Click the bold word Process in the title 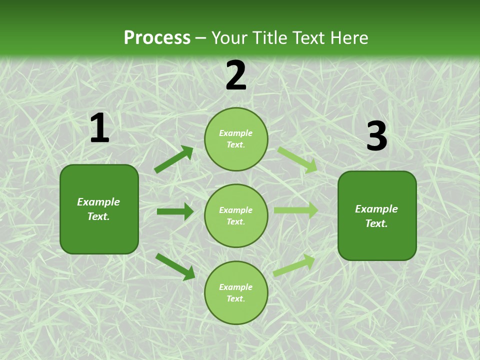[x=157, y=37]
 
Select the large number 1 [x=99, y=128]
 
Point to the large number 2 [x=236, y=76]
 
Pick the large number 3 [x=376, y=136]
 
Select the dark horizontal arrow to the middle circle [x=175, y=211]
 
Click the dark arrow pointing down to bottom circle [x=175, y=266]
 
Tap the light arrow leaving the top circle [x=297, y=159]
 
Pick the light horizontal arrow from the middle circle [x=296, y=210]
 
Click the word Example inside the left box [x=98, y=202]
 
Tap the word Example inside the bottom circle [x=236, y=287]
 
